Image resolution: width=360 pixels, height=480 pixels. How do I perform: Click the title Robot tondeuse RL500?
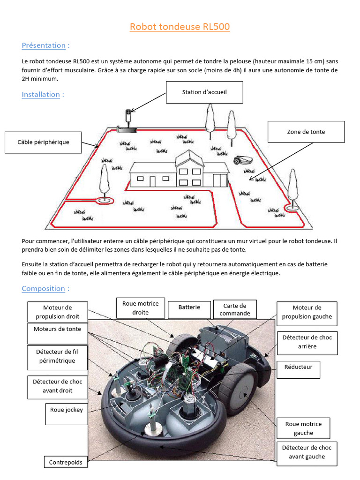point(180,27)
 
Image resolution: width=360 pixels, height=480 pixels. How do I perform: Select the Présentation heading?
point(44,45)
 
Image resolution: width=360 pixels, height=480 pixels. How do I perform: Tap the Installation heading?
point(41,94)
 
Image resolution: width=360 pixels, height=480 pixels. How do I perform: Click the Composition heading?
point(43,288)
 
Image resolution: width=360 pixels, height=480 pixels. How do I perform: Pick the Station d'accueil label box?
point(204,92)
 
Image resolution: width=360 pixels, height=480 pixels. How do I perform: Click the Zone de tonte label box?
point(306,132)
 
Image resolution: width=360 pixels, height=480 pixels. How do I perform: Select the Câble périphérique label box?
point(43,142)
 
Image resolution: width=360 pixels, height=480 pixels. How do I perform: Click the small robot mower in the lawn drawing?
point(243,161)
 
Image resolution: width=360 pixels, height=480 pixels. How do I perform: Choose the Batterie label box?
point(189,307)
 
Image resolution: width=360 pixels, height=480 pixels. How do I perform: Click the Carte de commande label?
point(235,309)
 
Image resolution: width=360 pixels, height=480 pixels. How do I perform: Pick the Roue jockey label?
point(67,410)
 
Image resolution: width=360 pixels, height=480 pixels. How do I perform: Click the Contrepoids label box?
point(66,462)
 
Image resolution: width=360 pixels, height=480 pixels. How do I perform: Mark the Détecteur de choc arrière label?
point(307,342)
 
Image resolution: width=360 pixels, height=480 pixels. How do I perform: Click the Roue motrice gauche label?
point(303,428)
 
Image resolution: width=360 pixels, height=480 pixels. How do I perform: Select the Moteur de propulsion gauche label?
point(307,312)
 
